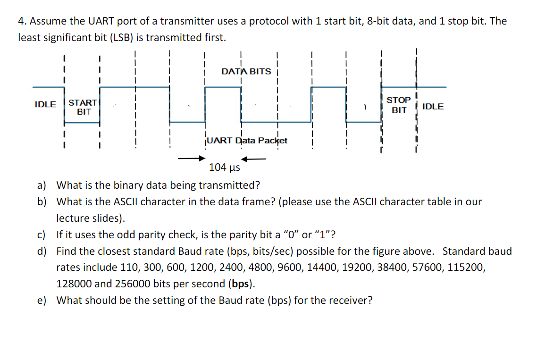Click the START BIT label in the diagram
(84, 107)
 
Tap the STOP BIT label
(399, 105)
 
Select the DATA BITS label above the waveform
(246, 71)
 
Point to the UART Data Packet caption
(247, 140)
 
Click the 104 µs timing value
(225, 167)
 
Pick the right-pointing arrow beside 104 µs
(192, 159)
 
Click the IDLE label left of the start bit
(45, 104)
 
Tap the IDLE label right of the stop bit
(433, 106)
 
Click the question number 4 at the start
(21, 21)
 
